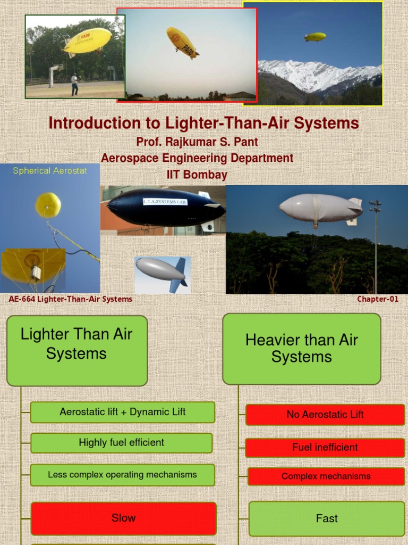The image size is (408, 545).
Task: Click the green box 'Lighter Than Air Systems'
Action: (76, 350)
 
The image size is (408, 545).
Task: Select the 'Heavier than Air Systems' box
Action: (301, 349)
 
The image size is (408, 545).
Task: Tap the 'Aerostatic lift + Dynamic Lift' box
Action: (123, 412)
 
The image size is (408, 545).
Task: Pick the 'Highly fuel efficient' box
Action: (122, 443)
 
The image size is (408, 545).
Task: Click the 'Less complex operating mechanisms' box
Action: (122, 475)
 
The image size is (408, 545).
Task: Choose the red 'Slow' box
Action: (123, 518)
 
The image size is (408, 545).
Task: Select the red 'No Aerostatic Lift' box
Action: (325, 415)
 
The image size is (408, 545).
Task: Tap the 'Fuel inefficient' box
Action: (325, 448)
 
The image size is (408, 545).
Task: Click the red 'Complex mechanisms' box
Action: (326, 476)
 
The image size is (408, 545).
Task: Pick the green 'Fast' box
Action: (326, 519)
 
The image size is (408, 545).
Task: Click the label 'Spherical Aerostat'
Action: (49, 171)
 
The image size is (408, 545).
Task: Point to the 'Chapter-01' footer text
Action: (377, 299)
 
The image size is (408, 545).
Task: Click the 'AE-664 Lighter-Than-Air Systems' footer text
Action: (71, 299)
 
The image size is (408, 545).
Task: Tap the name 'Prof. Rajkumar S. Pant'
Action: (197, 143)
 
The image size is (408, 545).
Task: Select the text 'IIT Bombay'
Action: (197, 175)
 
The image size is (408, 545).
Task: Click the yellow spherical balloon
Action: (48, 205)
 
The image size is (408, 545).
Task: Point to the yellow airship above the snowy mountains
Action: (315, 37)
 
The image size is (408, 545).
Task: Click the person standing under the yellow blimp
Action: (74, 84)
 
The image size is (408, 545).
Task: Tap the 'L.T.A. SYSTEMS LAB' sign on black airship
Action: (165, 202)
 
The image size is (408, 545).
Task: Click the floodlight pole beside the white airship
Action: (375, 245)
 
